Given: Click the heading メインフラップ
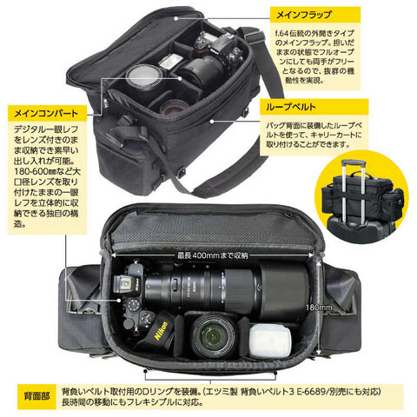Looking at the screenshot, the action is pos(303,15).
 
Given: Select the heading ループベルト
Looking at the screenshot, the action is pos(291,107).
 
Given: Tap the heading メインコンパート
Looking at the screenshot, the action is pos(46,113).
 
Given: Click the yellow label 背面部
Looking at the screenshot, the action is pos(36,396).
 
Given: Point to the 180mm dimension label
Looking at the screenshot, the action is pos(319,308).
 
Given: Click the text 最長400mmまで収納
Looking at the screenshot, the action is pos(213,255).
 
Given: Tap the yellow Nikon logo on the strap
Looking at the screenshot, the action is pos(161,330).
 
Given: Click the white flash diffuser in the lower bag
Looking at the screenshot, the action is pos(270,341).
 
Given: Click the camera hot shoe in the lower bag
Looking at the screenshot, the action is pos(122,283).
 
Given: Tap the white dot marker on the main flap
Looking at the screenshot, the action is pos(175,18).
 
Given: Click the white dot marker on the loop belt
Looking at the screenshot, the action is pos(212,121).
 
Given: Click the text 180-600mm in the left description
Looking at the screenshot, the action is pos(30,171).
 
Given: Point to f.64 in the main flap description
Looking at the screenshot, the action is pos(281,33).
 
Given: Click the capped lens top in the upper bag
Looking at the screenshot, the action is pos(143,75).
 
